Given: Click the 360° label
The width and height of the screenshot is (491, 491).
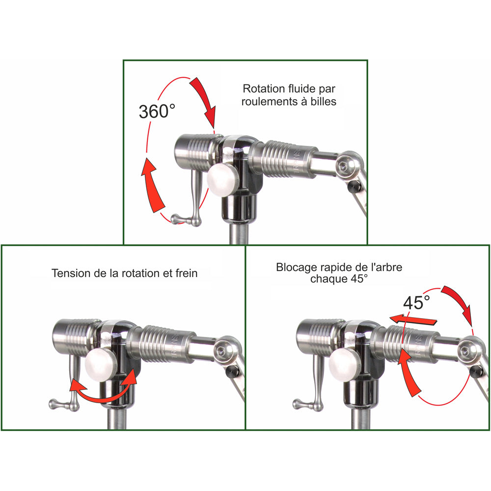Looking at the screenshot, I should click(157, 111).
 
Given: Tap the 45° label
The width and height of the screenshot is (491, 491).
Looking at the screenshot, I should click(416, 302).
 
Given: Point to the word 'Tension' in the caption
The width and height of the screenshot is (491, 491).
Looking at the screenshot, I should click(70, 273).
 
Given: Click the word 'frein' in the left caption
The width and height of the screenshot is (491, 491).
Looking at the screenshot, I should click(186, 273).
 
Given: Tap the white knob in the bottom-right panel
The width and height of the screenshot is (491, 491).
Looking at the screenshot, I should click(342, 366).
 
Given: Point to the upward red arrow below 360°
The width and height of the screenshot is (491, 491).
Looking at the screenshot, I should click(152, 184).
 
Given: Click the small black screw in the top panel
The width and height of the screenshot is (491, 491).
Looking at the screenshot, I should click(354, 187).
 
